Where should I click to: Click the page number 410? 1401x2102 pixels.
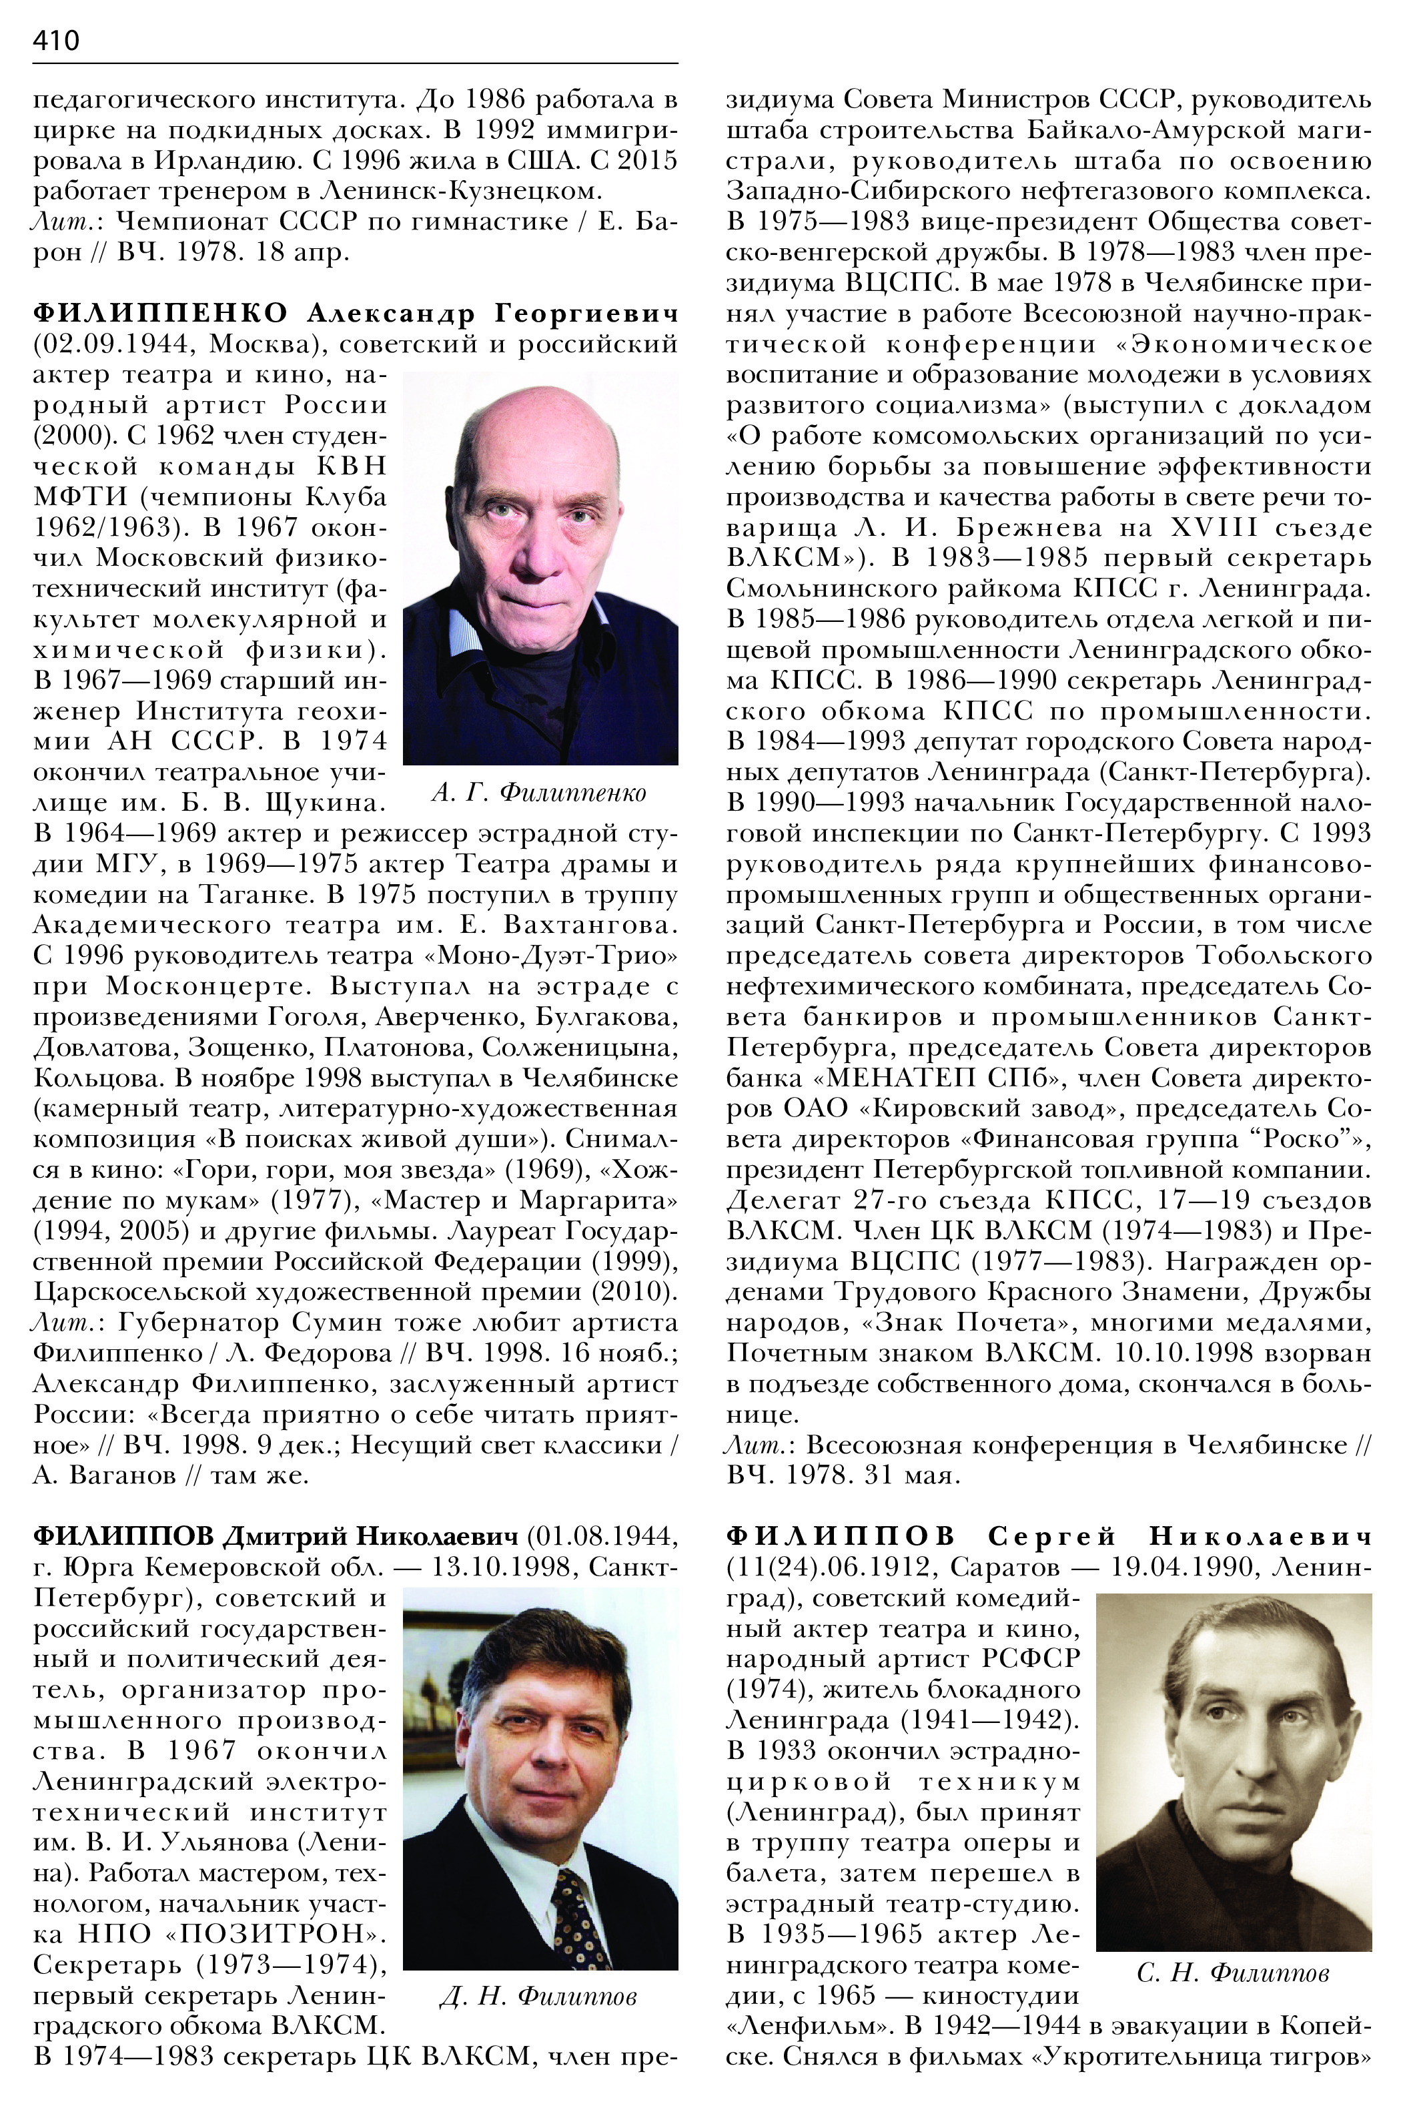(x=56, y=40)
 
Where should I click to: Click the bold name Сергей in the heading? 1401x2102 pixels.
(x=1053, y=1536)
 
